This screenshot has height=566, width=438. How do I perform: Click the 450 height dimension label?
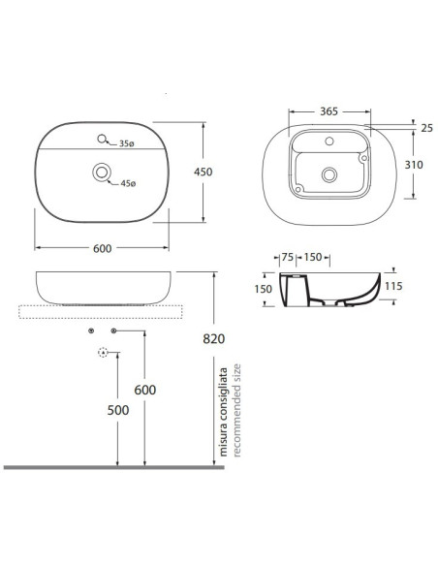[x=203, y=172]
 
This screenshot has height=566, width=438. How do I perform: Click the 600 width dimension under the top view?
[x=103, y=248]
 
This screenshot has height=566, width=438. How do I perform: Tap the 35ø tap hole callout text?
[x=127, y=143]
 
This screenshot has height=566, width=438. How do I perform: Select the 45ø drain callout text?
[x=128, y=183]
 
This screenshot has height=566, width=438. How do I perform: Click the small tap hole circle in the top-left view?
[x=102, y=139]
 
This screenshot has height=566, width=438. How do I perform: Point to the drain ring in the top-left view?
[x=93, y=173]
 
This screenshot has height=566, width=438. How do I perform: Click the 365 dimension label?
[x=329, y=111]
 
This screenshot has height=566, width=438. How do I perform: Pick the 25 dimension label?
[x=426, y=128]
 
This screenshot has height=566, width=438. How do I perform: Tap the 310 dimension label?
[x=414, y=165]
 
